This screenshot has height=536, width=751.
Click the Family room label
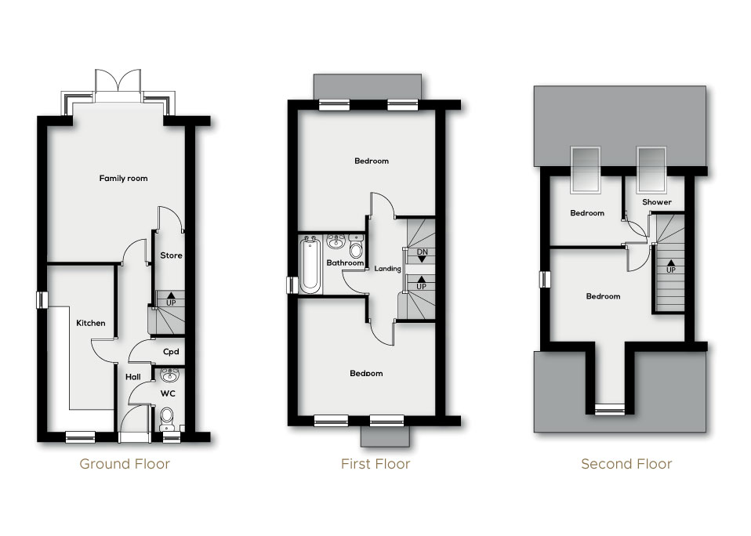123,179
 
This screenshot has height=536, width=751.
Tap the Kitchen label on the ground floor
90,323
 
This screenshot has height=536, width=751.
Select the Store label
171,255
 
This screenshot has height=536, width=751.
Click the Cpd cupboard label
170,352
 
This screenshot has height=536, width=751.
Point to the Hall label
133,377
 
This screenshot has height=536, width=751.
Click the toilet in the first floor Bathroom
357,249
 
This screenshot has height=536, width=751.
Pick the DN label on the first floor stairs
422,254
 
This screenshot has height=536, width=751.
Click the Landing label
387,269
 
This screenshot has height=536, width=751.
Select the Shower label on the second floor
657,202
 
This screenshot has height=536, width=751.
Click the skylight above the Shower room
651,169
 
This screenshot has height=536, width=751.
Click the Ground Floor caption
125,464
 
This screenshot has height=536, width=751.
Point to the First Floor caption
375,464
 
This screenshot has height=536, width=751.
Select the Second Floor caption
626,464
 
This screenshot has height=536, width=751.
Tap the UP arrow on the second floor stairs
671,267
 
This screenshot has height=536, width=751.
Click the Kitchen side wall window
42,299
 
